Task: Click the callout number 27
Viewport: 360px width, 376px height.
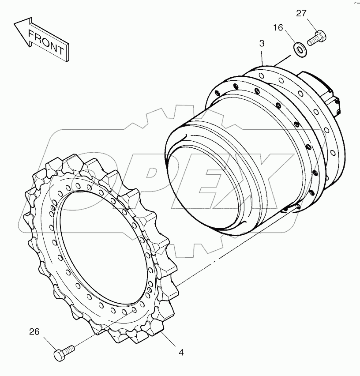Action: click(x=301, y=14)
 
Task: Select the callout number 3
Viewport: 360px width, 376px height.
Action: click(x=262, y=44)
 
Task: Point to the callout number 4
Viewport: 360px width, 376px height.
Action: click(x=181, y=353)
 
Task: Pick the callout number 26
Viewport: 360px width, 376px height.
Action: click(x=34, y=331)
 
